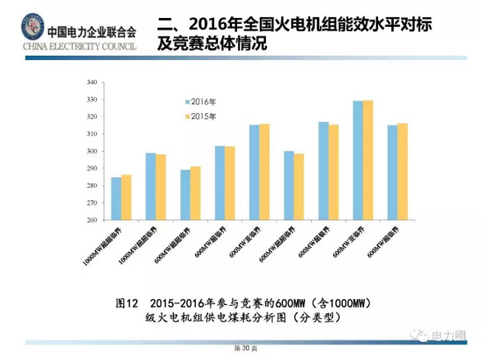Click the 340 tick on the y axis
coord(91,83)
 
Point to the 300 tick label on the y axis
coord(91,152)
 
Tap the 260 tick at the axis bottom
coord(91,220)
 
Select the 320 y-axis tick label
coord(91,117)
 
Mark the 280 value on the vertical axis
coord(91,186)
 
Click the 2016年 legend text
coord(203,102)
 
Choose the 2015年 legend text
coord(203,117)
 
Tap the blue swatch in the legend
coord(186,102)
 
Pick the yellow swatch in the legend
coord(186,117)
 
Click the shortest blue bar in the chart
coord(116,198)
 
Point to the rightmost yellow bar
coord(402,171)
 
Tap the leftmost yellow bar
coord(126,197)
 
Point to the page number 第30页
coord(247,349)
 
